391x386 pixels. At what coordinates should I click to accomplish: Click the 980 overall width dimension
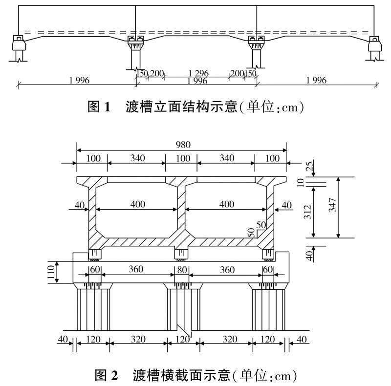(x=183, y=145)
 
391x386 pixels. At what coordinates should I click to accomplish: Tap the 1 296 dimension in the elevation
(x=198, y=73)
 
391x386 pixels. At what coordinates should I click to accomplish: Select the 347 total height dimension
(x=332, y=205)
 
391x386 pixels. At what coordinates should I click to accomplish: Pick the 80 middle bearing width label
(x=182, y=270)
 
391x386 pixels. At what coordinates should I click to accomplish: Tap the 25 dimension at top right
(x=309, y=166)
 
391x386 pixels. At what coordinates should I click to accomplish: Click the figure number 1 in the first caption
(x=107, y=107)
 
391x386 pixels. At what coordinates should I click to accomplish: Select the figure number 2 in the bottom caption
(x=114, y=376)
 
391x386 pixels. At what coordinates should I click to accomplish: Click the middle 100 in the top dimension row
(x=183, y=158)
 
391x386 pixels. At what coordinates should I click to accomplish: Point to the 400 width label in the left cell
(x=138, y=204)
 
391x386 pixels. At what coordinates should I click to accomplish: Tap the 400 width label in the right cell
(x=227, y=204)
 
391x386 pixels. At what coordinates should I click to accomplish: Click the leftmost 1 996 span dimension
(x=79, y=80)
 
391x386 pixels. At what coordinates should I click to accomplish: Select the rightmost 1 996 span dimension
(x=316, y=80)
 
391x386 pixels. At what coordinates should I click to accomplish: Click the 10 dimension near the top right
(x=301, y=183)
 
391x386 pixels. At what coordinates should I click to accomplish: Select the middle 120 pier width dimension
(x=183, y=340)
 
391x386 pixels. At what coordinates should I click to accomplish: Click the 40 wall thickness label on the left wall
(x=80, y=205)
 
